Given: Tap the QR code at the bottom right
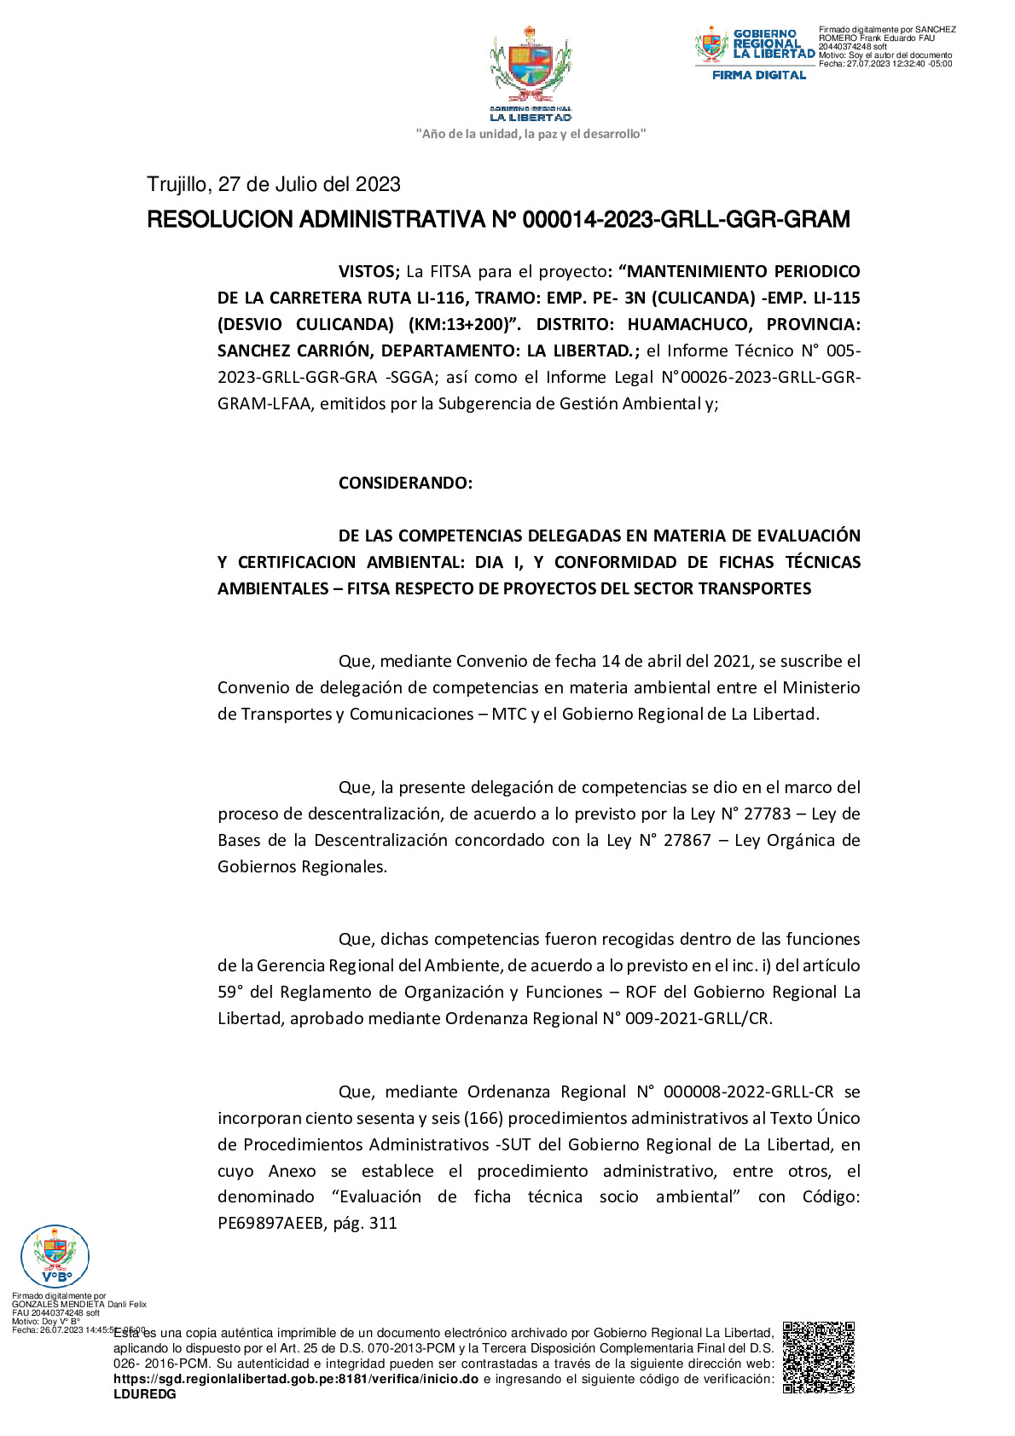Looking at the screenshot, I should (818, 1357).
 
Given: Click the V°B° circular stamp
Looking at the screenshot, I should (55, 1256).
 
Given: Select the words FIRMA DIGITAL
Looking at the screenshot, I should (759, 75).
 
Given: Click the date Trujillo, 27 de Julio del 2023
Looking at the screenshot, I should (274, 184).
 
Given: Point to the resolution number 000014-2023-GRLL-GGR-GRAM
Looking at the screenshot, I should (686, 220).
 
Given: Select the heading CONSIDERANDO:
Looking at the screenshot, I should (405, 483).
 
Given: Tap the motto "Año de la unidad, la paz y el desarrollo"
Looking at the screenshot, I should (531, 134).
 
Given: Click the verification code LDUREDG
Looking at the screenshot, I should (145, 1394).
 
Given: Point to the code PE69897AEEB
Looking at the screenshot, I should (271, 1223).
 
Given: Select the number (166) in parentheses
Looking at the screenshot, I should (484, 1118).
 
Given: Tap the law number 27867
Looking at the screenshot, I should (687, 840).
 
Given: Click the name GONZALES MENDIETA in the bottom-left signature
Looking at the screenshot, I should (58, 1304).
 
